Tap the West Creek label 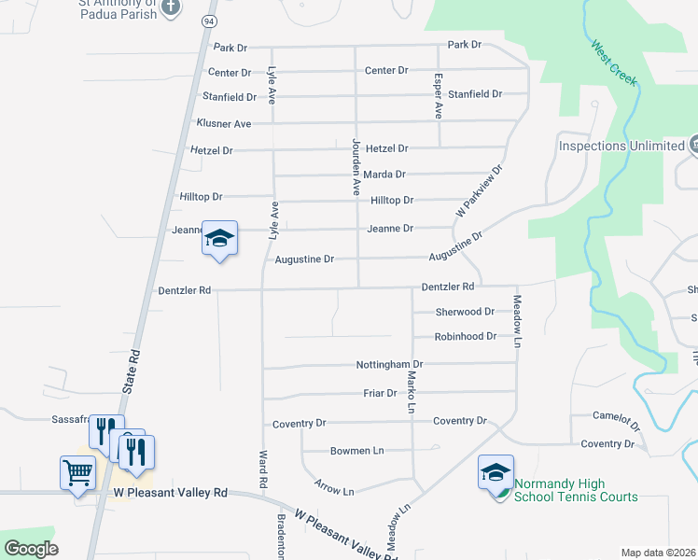point(613,63)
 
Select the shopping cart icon point(77,471)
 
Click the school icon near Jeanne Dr point(219,238)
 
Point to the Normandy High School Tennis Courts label point(567,490)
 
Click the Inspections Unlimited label point(621,146)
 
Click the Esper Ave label point(438,96)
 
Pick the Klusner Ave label point(224,123)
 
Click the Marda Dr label point(385,174)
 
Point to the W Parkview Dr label point(479,192)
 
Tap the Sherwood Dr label point(465,312)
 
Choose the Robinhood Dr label point(465,336)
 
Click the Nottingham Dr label point(389,364)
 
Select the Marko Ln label point(411,391)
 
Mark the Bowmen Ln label point(356,451)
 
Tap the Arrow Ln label point(335,491)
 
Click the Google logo point(31,549)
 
